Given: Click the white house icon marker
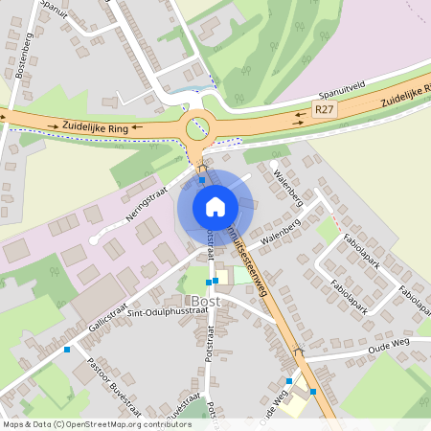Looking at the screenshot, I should tap(215, 206).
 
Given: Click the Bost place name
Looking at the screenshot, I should tap(205, 301).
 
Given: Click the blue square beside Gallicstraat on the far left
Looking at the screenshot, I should tap(67, 349).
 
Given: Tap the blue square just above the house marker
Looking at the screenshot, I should tap(202, 178).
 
